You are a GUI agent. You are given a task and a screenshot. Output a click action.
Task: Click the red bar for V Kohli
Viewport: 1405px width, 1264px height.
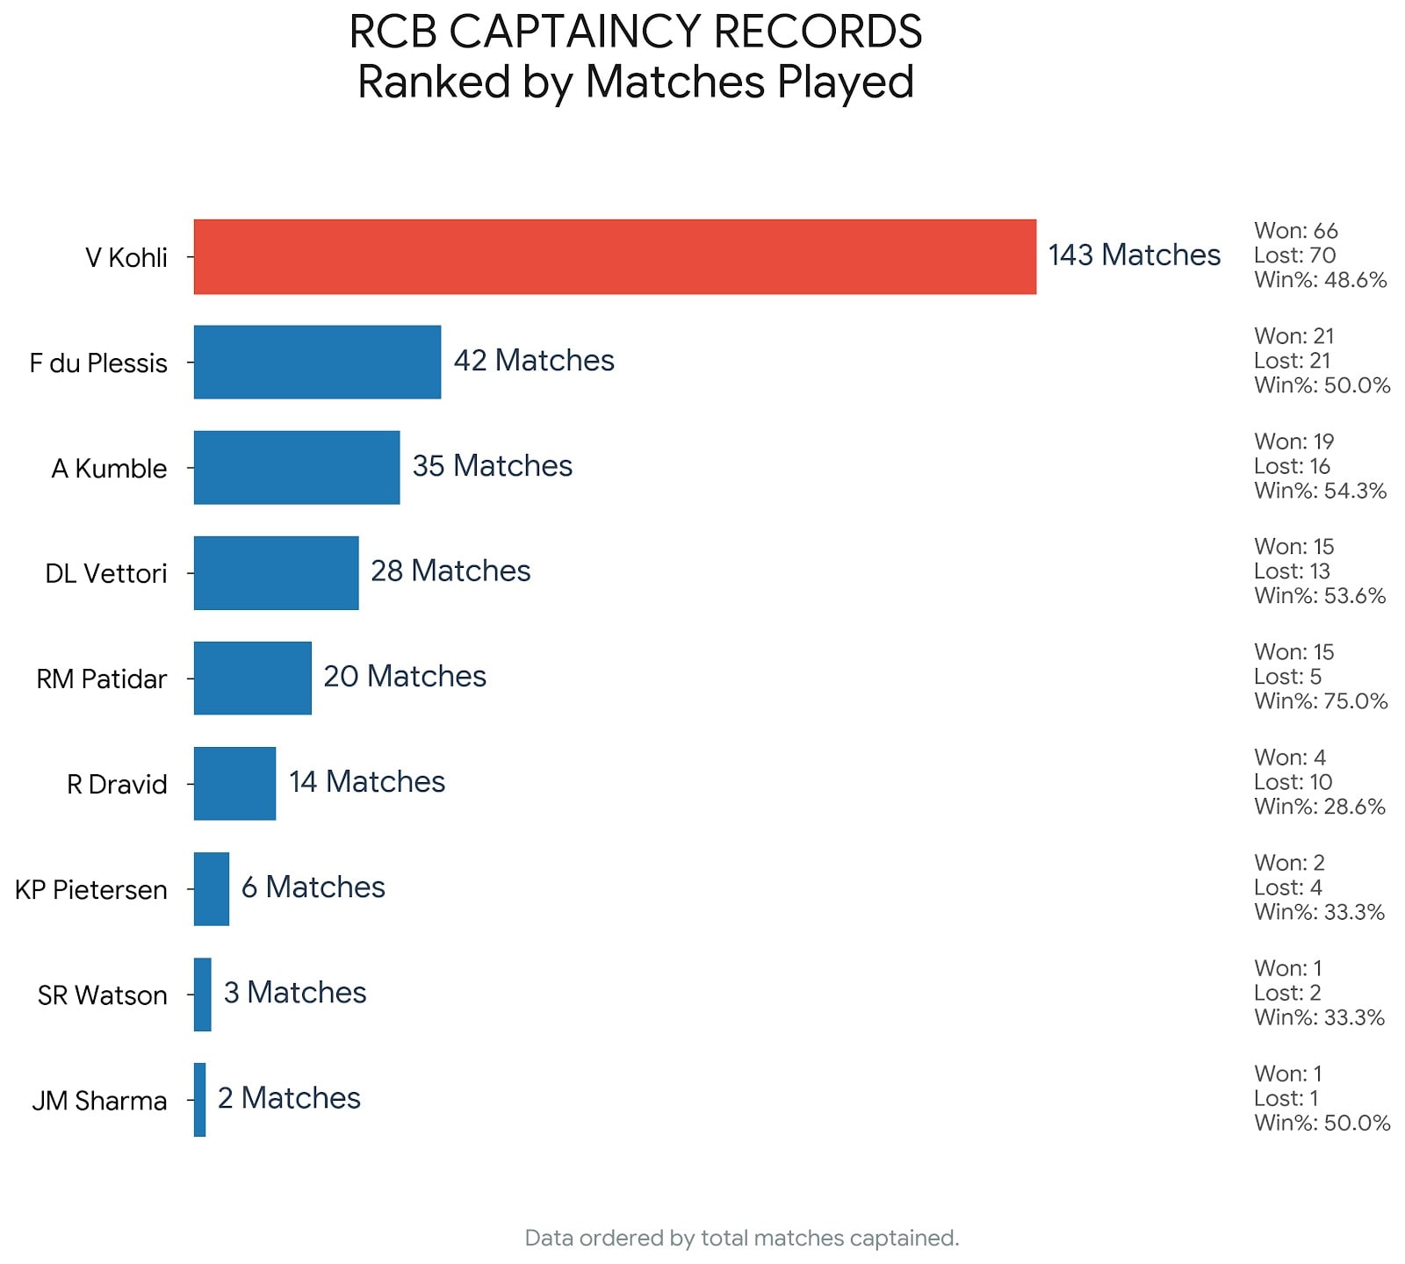click(x=615, y=256)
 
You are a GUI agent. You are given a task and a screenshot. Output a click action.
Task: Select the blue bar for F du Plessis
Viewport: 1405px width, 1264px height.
click(x=317, y=362)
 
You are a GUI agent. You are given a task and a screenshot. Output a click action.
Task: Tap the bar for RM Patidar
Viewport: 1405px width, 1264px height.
click(x=252, y=678)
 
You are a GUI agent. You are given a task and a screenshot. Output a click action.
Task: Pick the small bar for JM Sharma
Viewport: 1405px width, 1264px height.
click(x=200, y=1099)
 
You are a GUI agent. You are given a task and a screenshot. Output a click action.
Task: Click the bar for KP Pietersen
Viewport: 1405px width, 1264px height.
click(x=212, y=888)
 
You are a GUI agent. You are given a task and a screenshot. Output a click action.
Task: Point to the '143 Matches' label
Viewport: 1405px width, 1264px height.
click(x=1134, y=255)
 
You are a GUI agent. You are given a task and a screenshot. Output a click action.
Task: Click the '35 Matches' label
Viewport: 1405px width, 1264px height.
click(x=492, y=465)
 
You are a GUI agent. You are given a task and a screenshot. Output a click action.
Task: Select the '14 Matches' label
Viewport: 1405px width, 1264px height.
click(x=367, y=781)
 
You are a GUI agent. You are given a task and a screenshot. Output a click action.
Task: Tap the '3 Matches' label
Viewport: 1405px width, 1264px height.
click(x=295, y=992)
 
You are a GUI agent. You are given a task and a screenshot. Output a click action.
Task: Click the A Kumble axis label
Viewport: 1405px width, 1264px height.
click(x=109, y=468)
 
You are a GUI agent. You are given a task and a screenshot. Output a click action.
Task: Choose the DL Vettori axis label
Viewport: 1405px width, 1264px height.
click(x=105, y=573)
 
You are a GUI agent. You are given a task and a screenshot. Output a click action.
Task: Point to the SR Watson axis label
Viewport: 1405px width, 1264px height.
click(x=102, y=995)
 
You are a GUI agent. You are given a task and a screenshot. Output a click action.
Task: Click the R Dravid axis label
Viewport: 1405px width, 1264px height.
click(x=117, y=784)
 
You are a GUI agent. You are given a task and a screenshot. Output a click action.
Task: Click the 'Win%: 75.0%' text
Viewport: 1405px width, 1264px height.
click(x=1321, y=700)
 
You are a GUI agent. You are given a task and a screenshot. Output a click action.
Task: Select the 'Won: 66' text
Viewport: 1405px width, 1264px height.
click(x=1296, y=231)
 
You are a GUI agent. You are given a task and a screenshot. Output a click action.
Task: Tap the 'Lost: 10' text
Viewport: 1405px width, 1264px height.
click(x=1293, y=781)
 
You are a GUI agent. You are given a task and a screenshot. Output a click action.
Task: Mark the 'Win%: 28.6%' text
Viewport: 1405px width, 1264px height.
click(x=1320, y=806)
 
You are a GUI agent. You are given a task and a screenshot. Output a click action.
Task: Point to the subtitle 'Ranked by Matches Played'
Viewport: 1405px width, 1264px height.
click(x=636, y=83)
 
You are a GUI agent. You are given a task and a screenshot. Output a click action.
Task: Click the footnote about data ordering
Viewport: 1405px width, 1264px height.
click(x=741, y=1238)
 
